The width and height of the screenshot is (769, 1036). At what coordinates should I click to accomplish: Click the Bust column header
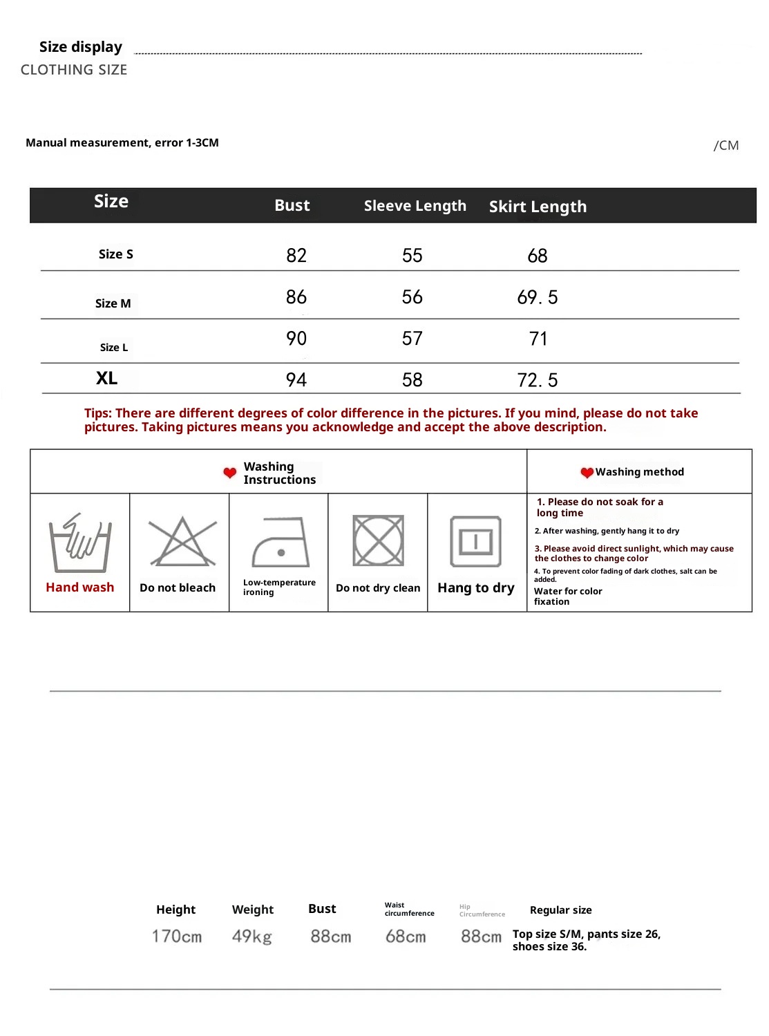coord(292,205)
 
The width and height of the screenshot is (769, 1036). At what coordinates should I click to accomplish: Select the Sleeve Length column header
coord(415,206)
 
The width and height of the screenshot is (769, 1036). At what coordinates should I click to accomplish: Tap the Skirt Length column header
coord(538,207)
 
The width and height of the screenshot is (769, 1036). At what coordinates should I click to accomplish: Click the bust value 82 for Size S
coord(296,256)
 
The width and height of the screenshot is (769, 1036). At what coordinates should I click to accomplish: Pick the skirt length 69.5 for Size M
coord(538,297)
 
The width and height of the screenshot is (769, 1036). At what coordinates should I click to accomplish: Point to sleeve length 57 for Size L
coord(412,339)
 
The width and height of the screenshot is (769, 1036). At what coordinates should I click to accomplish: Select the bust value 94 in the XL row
coord(296,380)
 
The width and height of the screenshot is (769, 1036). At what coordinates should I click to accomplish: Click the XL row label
coord(107,379)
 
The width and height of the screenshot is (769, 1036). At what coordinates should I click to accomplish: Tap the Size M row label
coord(113,303)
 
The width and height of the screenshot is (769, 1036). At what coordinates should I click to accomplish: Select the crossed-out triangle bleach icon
coord(182,541)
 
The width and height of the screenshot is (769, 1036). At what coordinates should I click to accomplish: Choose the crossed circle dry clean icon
coord(378,540)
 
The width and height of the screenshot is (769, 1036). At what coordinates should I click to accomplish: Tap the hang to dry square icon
coord(476,541)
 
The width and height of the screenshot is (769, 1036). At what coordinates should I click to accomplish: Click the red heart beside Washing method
coord(587,473)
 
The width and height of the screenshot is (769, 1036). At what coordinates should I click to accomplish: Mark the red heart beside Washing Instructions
coord(230,473)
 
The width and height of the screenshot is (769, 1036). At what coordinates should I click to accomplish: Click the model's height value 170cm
coord(177,936)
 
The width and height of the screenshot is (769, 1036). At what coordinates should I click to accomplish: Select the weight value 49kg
coord(252,936)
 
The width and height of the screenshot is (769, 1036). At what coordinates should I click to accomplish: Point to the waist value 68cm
coord(406,936)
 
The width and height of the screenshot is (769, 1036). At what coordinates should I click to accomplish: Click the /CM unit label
coord(726,145)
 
